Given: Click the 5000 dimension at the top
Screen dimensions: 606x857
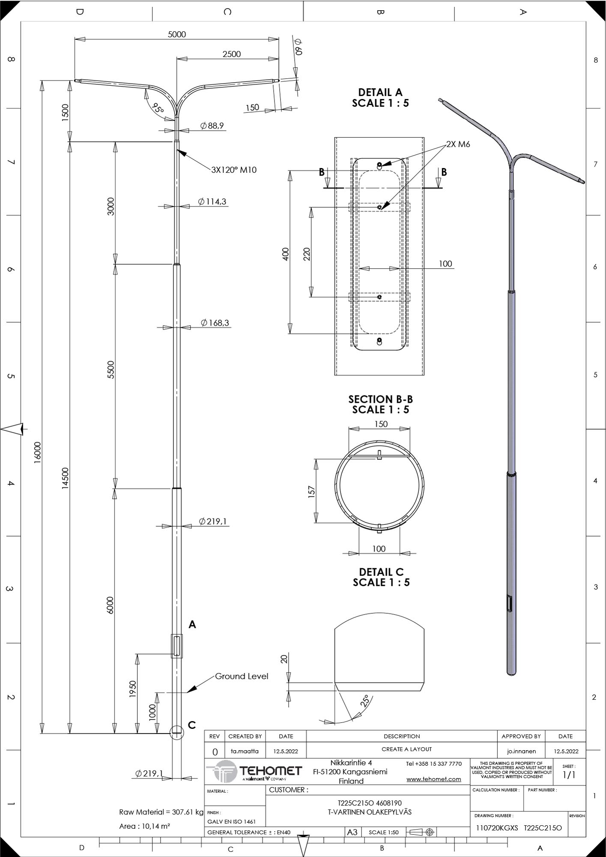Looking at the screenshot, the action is click(x=176, y=34).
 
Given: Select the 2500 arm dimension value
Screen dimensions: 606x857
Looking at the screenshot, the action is click(x=232, y=54).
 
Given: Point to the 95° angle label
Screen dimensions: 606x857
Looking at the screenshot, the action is click(x=158, y=109).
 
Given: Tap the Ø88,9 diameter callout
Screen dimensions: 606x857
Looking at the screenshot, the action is click(x=212, y=126).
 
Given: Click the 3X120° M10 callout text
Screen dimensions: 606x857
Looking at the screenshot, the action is click(x=234, y=170).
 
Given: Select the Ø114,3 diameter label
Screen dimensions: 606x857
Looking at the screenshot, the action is click(x=212, y=201).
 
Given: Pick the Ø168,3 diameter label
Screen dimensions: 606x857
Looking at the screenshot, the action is click(x=215, y=323).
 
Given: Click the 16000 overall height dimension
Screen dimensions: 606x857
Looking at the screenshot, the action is click(x=38, y=452).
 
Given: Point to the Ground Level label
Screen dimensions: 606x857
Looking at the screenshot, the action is click(x=242, y=676).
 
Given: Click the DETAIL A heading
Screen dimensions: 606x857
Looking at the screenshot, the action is click(x=380, y=92).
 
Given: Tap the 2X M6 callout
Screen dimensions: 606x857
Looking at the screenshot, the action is click(x=458, y=144).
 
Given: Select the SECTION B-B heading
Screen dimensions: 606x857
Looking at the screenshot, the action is click(x=380, y=399).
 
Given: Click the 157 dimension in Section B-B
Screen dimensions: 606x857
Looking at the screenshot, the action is click(x=312, y=491).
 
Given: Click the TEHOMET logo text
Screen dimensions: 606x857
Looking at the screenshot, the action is click(x=271, y=771).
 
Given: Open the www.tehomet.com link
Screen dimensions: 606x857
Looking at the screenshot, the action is click(x=434, y=779).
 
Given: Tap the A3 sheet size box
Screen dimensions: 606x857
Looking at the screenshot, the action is click(x=352, y=832).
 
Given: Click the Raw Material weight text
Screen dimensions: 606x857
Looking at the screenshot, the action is click(x=161, y=812).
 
